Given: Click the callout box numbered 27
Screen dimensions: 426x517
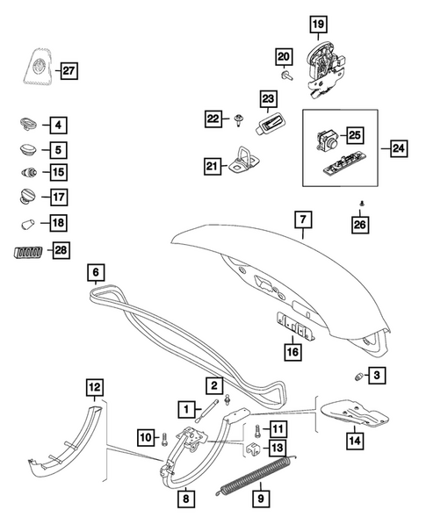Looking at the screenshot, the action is (69, 70).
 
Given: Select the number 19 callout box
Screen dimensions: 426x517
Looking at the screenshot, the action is (319, 24).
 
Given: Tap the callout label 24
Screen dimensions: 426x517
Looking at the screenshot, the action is (399, 148).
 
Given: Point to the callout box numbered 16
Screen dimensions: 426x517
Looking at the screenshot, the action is (292, 352).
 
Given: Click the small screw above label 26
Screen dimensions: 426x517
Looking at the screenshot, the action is (362, 204).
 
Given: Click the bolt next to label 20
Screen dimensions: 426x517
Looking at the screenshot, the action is (286, 76).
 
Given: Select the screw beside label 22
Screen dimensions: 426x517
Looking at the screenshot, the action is (239, 120).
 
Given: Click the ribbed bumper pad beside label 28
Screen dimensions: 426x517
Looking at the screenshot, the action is (28, 252).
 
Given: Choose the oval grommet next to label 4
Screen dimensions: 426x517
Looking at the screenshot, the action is (29, 125).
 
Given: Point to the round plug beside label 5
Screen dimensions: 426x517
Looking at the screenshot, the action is (29, 150).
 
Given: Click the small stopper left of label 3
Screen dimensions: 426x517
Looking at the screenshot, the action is (358, 377).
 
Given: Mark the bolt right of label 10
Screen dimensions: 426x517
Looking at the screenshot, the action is (165, 440).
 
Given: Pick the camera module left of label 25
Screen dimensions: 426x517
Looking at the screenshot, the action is (327, 140).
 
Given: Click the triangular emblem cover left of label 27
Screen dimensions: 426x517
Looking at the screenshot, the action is (38, 67).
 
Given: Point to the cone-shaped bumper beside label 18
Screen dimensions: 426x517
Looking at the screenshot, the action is (28, 224).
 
